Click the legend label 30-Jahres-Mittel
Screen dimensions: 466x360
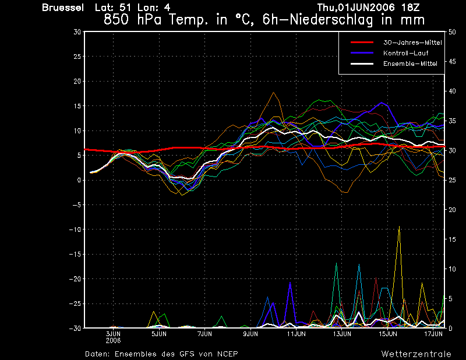[412, 43]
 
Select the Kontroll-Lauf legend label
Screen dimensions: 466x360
[405, 53]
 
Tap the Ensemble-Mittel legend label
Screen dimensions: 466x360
[410, 63]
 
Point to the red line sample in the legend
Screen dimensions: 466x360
[362, 43]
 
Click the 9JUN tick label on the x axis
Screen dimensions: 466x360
[250, 334]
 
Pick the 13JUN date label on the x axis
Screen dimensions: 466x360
[342, 334]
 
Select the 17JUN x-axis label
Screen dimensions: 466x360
[433, 334]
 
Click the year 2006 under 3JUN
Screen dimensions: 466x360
[113, 341]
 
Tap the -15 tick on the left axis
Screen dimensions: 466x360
[75, 254]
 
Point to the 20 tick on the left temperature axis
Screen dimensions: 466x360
[77, 81]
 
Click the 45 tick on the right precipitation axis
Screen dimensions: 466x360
[452, 62]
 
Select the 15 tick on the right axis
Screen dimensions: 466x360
[452, 239]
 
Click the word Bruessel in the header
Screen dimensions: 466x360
[63, 8]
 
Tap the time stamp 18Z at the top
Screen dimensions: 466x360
[410, 8]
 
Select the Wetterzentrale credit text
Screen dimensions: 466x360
[416, 354]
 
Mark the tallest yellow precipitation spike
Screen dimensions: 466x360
[399, 227]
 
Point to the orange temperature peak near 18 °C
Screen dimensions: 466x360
[273, 93]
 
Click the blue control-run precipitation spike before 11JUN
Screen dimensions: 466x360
[290, 283]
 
